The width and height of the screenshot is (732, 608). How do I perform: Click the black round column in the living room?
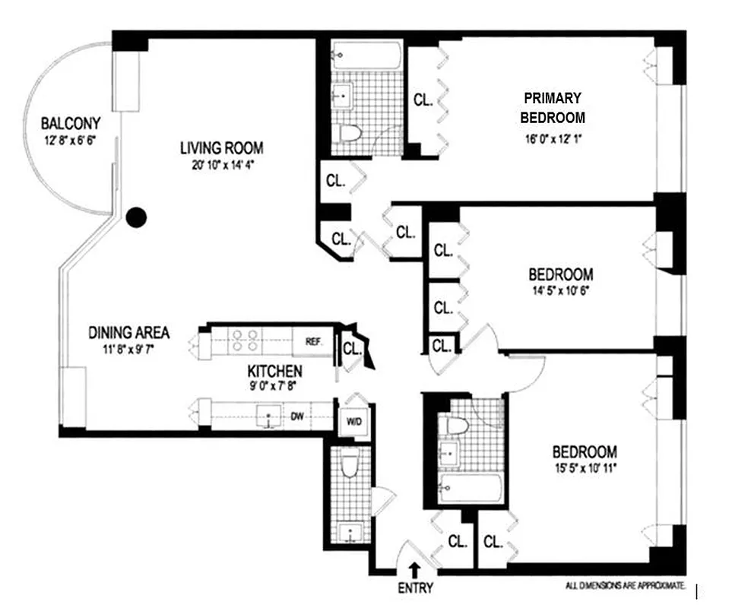pyautogui.click(x=135, y=218)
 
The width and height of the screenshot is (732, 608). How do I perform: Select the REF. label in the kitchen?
pyautogui.click(x=313, y=341)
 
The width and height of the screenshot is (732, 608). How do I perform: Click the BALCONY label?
pyautogui.click(x=71, y=123)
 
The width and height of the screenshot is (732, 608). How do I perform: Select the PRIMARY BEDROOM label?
pyautogui.click(x=553, y=107)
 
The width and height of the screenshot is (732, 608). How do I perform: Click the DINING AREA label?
pyautogui.click(x=128, y=333)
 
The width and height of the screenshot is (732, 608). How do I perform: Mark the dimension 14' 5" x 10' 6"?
pyautogui.click(x=560, y=290)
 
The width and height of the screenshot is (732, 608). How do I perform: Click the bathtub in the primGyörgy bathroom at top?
pyautogui.click(x=366, y=56)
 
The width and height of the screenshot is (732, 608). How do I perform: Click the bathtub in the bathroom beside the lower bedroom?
pyautogui.click(x=471, y=486)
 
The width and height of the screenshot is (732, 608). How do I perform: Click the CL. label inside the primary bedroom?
pyautogui.click(x=423, y=100)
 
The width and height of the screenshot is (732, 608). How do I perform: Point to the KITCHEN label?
pyautogui.click(x=274, y=372)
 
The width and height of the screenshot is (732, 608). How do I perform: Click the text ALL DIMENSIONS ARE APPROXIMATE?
pyautogui.click(x=626, y=586)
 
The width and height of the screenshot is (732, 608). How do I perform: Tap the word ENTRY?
pyautogui.click(x=415, y=587)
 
